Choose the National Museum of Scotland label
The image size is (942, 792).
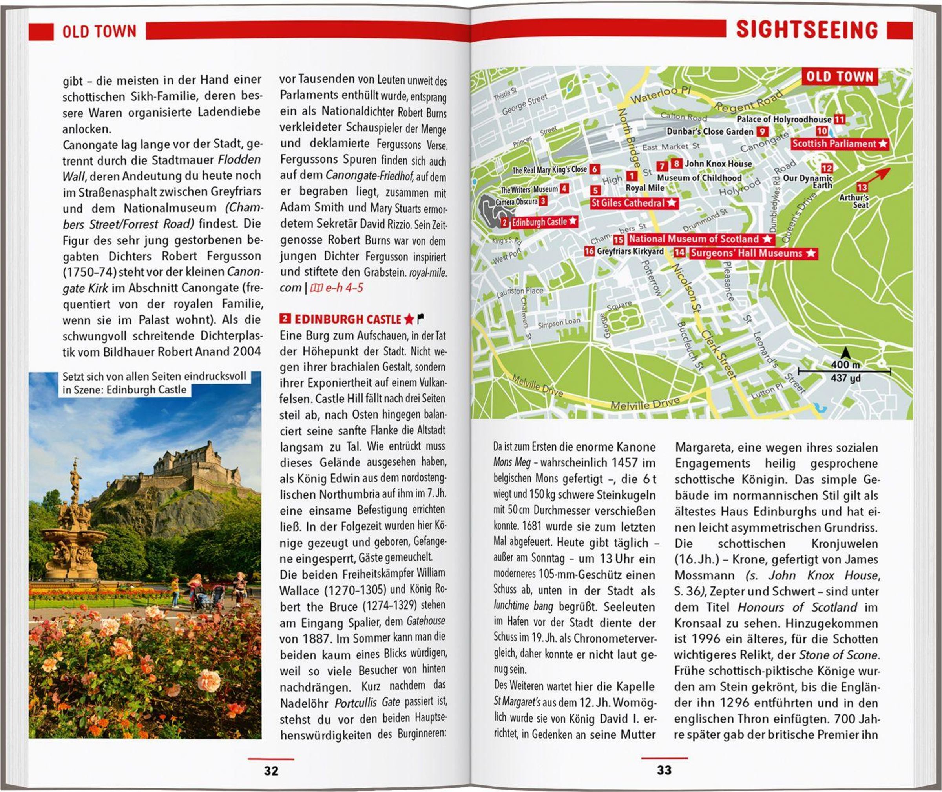pyautogui.click(x=701, y=239)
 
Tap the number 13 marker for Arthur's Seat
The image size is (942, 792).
pyautogui.click(x=862, y=187)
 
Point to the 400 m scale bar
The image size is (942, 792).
pyautogui.click(x=845, y=371)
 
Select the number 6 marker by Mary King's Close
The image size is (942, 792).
pyautogui.click(x=595, y=169)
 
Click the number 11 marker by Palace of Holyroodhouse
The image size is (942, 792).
pyautogui.click(x=840, y=119)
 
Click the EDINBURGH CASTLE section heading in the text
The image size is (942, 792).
pyautogui.click(x=347, y=319)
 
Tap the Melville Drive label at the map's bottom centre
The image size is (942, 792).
pyautogui.click(x=644, y=403)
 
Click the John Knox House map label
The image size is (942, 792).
pyautogui.click(x=718, y=164)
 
